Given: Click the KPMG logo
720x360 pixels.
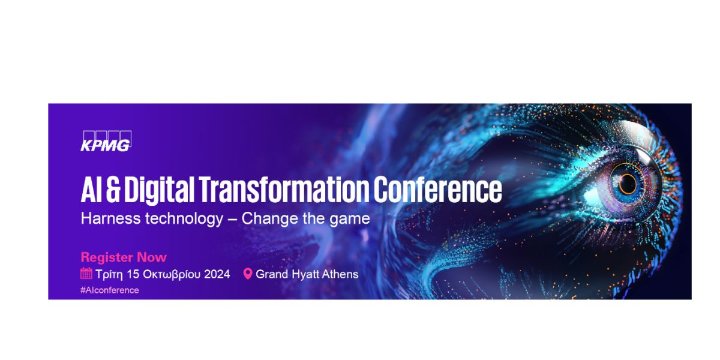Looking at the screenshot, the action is (x=106, y=141).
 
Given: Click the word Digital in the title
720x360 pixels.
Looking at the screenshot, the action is (x=159, y=190).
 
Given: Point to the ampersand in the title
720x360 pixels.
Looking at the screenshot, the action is (x=113, y=190).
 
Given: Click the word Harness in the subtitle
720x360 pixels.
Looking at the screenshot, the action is (x=111, y=218).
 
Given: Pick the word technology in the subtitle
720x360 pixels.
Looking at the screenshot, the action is (x=184, y=220).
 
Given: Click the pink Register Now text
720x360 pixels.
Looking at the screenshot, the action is (x=124, y=257).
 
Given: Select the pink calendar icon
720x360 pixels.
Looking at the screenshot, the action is (x=86, y=274).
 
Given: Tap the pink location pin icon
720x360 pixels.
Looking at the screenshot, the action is (x=248, y=274).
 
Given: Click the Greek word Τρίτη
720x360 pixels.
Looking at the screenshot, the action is (x=109, y=275).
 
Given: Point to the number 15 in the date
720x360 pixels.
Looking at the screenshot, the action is (x=133, y=274).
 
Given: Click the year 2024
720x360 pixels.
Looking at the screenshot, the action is (x=217, y=274).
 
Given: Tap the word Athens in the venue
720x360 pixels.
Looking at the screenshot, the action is (x=340, y=274).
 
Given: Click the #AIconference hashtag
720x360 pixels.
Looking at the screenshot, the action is (x=110, y=290).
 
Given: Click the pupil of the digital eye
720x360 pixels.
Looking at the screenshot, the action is (x=627, y=184).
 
